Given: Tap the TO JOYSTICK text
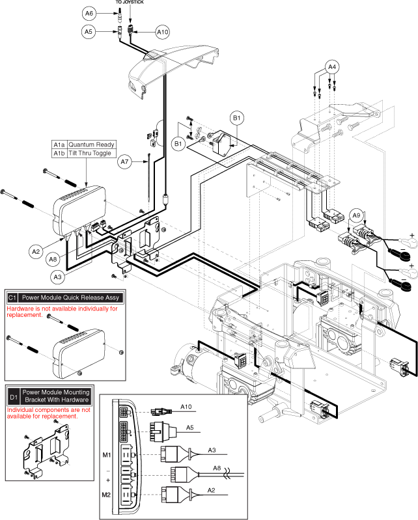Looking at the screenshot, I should (130, 2).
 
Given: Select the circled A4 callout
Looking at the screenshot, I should (332, 66).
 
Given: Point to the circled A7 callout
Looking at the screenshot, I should (126, 161).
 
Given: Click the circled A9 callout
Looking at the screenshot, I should (355, 215).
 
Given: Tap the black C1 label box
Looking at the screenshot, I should (13, 297).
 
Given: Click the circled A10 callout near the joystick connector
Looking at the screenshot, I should (163, 31).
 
